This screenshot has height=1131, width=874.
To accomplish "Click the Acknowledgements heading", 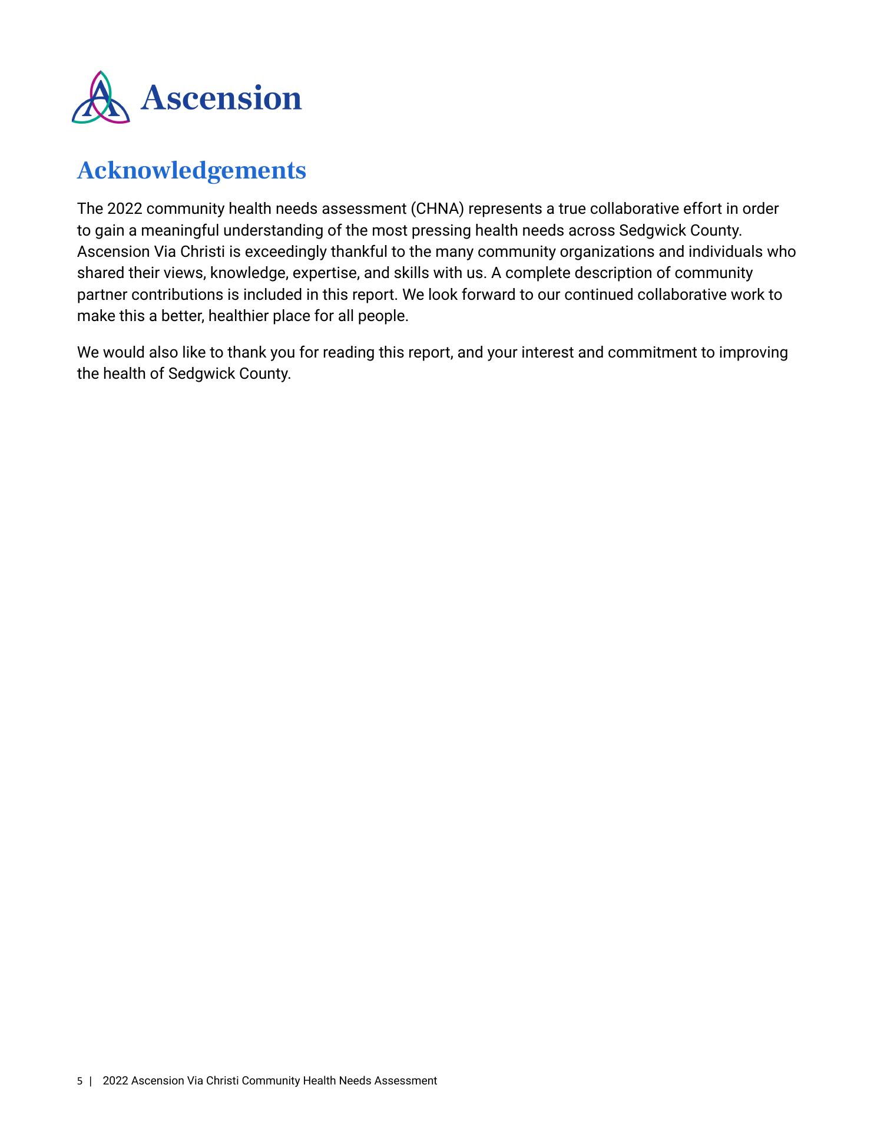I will pos(191,171).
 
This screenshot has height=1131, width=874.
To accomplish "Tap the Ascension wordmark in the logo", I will pos(221,98).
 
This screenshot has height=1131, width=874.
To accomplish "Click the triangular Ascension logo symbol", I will pos(101,98).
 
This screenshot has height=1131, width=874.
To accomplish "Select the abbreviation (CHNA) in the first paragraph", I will pos(433,209).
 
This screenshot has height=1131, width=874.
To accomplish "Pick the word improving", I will pos(754,353).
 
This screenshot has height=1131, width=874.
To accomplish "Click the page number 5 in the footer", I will pos(80,1081).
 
